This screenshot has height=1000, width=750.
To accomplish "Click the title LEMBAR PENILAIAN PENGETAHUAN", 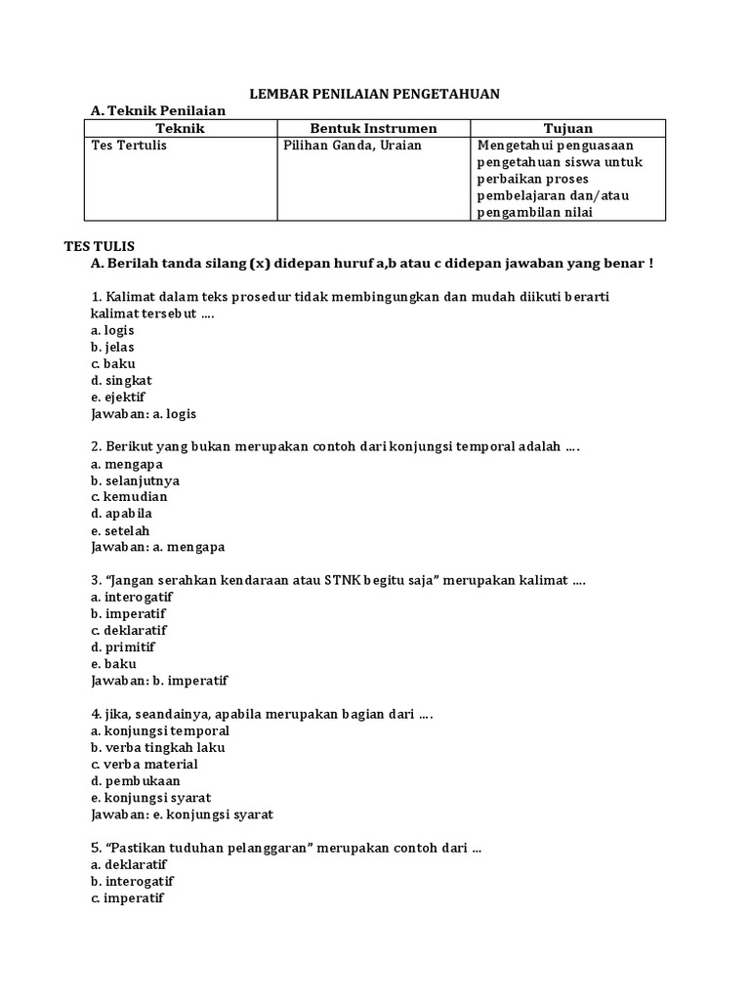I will click(x=375, y=93).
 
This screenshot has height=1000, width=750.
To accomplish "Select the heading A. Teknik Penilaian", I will click(x=157, y=110).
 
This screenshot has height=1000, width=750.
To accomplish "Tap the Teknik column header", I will click(x=181, y=128).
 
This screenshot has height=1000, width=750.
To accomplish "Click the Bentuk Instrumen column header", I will click(x=373, y=128).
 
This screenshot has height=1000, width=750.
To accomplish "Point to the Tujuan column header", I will click(x=567, y=128).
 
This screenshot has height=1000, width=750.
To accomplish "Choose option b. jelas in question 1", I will click(x=112, y=347).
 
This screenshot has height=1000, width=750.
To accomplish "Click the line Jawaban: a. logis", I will click(x=144, y=413).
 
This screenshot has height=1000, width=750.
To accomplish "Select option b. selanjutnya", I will click(x=135, y=480).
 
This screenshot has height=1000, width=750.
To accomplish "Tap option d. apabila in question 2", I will click(x=121, y=514).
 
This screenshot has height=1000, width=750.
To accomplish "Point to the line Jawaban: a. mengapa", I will click(x=156, y=547).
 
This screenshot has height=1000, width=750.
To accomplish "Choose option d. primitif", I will click(x=123, y=646).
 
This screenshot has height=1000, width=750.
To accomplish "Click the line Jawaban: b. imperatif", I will click(x=159, y=681).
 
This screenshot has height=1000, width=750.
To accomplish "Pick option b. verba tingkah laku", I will click(x=157, y=747).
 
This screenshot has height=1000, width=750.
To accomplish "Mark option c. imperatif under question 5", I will click(x=127, y=897).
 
